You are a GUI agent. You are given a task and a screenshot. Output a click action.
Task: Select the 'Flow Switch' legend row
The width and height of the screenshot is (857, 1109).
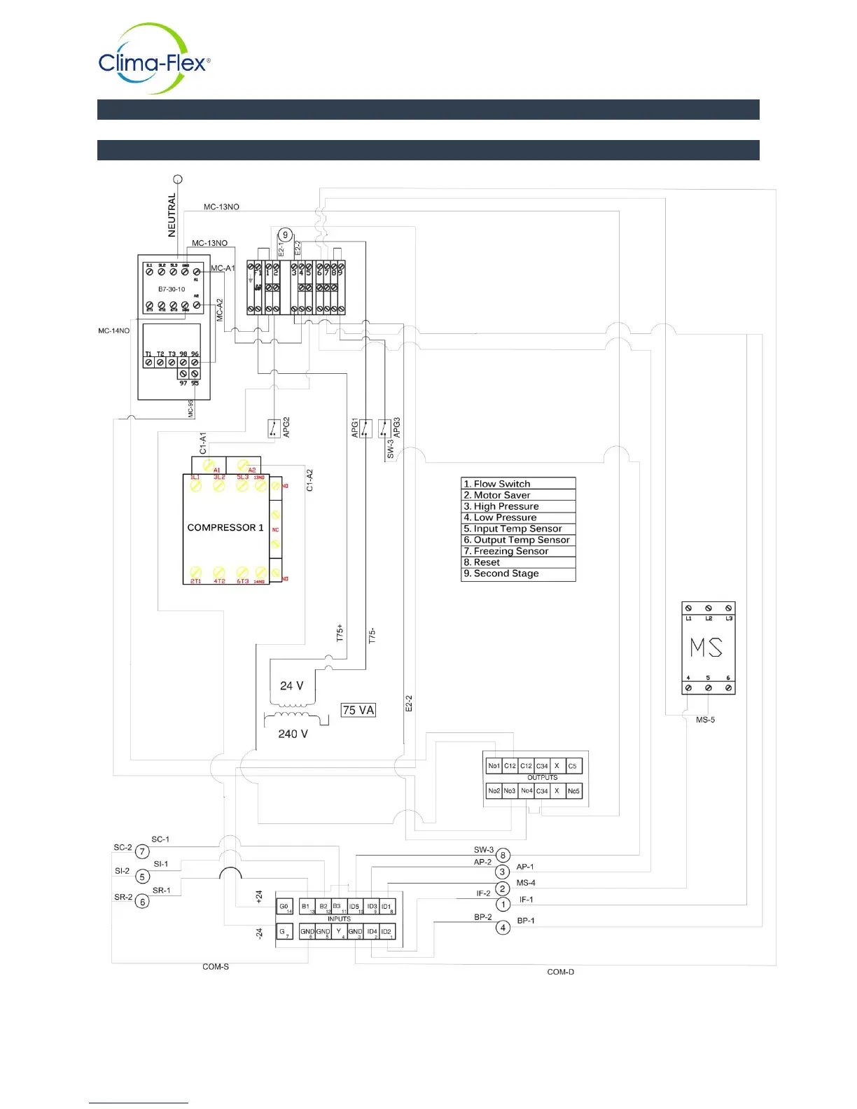pos(518,484)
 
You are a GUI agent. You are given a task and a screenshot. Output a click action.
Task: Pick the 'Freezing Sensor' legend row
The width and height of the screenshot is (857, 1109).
pos(518,551)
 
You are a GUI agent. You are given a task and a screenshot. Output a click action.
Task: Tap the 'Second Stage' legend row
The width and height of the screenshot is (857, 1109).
pos(518,573)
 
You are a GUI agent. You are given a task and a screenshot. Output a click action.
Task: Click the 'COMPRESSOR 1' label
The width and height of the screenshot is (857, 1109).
pos(225,527)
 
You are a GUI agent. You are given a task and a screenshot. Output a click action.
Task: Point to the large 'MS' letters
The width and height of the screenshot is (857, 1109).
pos(706,648)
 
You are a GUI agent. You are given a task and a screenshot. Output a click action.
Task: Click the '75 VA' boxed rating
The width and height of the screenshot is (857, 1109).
pos(358,710)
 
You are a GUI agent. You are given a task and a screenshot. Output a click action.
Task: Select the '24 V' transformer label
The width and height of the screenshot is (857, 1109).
pos(292,686)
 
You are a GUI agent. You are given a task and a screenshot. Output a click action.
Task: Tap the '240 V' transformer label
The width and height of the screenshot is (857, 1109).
pos(293,734)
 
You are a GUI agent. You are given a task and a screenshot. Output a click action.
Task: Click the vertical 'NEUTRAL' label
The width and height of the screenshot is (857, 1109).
pos(172,216)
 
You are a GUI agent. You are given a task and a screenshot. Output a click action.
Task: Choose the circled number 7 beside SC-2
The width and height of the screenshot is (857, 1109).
pos(143,852)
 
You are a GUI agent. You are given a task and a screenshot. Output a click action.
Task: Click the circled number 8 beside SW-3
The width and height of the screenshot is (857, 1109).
pos(503,855)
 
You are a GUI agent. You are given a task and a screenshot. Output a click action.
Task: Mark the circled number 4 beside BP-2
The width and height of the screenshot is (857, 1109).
pos(503,928)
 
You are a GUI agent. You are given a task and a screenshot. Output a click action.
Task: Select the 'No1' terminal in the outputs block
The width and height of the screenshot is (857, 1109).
pos(494,766)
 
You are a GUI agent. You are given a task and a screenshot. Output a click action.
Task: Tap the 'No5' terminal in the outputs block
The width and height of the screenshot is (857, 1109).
pos(573,791)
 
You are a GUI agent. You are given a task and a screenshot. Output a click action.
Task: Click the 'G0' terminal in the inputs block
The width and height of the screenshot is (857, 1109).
pos(284,907)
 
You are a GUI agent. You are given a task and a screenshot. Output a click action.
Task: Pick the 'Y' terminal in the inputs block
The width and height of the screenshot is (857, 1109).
pos(339,932)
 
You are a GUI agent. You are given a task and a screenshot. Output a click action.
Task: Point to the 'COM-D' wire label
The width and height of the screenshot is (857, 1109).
pos(560,972)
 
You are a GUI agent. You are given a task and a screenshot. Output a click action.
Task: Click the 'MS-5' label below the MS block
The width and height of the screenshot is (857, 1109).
pos(705,720)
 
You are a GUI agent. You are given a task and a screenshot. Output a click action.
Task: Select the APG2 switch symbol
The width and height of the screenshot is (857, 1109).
pos(274,428)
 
